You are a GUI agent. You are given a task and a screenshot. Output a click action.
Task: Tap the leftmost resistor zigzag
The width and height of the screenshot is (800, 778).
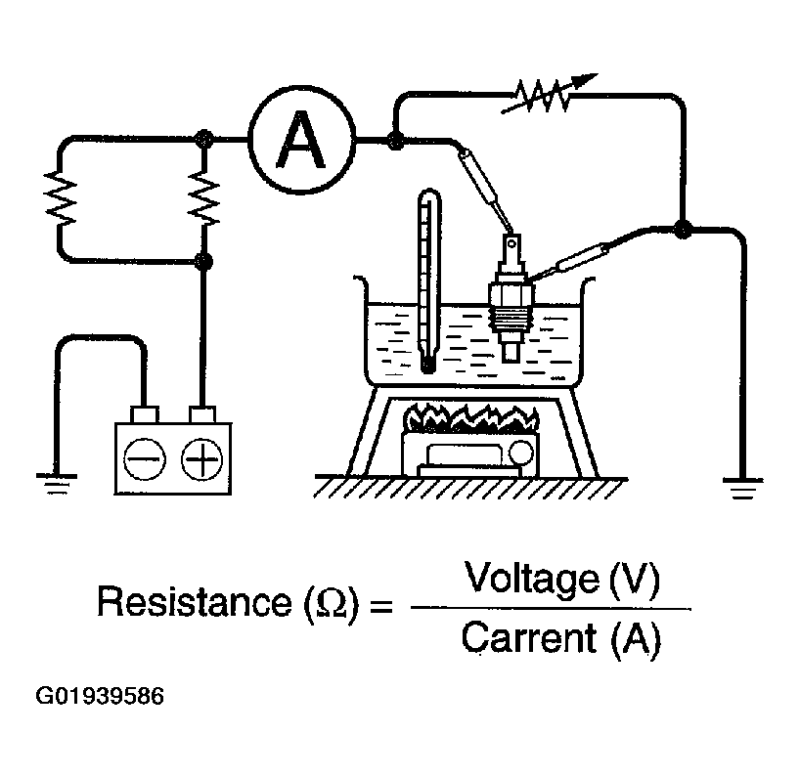click(x=61, y=197)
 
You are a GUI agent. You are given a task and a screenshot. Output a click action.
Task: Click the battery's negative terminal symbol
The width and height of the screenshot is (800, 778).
click(x=145, y=458)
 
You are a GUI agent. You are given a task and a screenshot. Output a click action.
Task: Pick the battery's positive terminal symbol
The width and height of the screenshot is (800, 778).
click(x=202, y=458)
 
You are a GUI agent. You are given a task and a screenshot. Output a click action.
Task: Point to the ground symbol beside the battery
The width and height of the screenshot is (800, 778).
click(x=56, y=484)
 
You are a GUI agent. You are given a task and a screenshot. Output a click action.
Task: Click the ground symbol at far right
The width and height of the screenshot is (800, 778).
click(x=743, y=488)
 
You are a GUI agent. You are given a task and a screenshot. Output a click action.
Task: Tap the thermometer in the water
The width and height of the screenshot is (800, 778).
click(x=428, y=281)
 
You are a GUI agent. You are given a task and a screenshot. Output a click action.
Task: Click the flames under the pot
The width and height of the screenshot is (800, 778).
click(x=471, y=418)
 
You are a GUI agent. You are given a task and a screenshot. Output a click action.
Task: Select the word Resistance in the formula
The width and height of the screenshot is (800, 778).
click(x=195, y=602)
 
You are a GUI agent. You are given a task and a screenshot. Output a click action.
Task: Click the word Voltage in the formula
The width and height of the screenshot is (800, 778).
click(x=531, y=579)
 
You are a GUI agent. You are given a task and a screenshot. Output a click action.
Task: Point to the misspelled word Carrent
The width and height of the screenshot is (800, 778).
click(x=528, y=637)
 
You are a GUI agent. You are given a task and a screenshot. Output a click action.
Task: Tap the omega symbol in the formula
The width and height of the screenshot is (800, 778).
click(x=332, y=604)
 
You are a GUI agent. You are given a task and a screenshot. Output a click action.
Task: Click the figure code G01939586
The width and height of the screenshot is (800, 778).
click(x=100, y=697)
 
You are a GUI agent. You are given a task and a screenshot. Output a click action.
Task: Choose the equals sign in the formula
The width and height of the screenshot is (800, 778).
click(x=381, y=605)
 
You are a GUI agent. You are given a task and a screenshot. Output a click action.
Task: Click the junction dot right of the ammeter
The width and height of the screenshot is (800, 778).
click(x=395, y=140)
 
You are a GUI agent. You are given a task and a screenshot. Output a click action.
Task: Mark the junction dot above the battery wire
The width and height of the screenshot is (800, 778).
click(x=204, y=262)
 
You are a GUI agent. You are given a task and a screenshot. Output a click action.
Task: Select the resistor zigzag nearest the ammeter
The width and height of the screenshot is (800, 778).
click(x=204, y=197)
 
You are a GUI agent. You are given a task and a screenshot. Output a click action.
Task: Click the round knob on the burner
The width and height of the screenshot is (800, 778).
click(x=521, y=453)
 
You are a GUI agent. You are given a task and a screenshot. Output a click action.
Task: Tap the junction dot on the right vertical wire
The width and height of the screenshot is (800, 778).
click(x=683, y=229)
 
